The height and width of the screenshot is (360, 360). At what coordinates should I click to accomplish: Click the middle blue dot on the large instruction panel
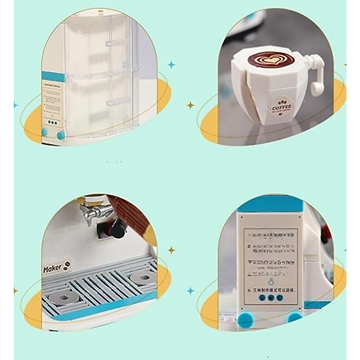click(x=271, y=298)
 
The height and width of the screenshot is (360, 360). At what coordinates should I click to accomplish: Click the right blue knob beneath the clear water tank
click(x=61, y=135)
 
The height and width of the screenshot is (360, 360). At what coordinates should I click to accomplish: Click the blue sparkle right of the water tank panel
click(x=171, y=64)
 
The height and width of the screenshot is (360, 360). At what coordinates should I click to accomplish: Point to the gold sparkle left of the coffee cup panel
click(x=190, y=105)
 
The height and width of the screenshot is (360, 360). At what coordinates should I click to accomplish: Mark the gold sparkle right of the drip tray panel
click(x=171, y=250)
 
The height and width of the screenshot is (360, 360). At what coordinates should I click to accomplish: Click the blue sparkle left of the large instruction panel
click(x=190, y=290)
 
